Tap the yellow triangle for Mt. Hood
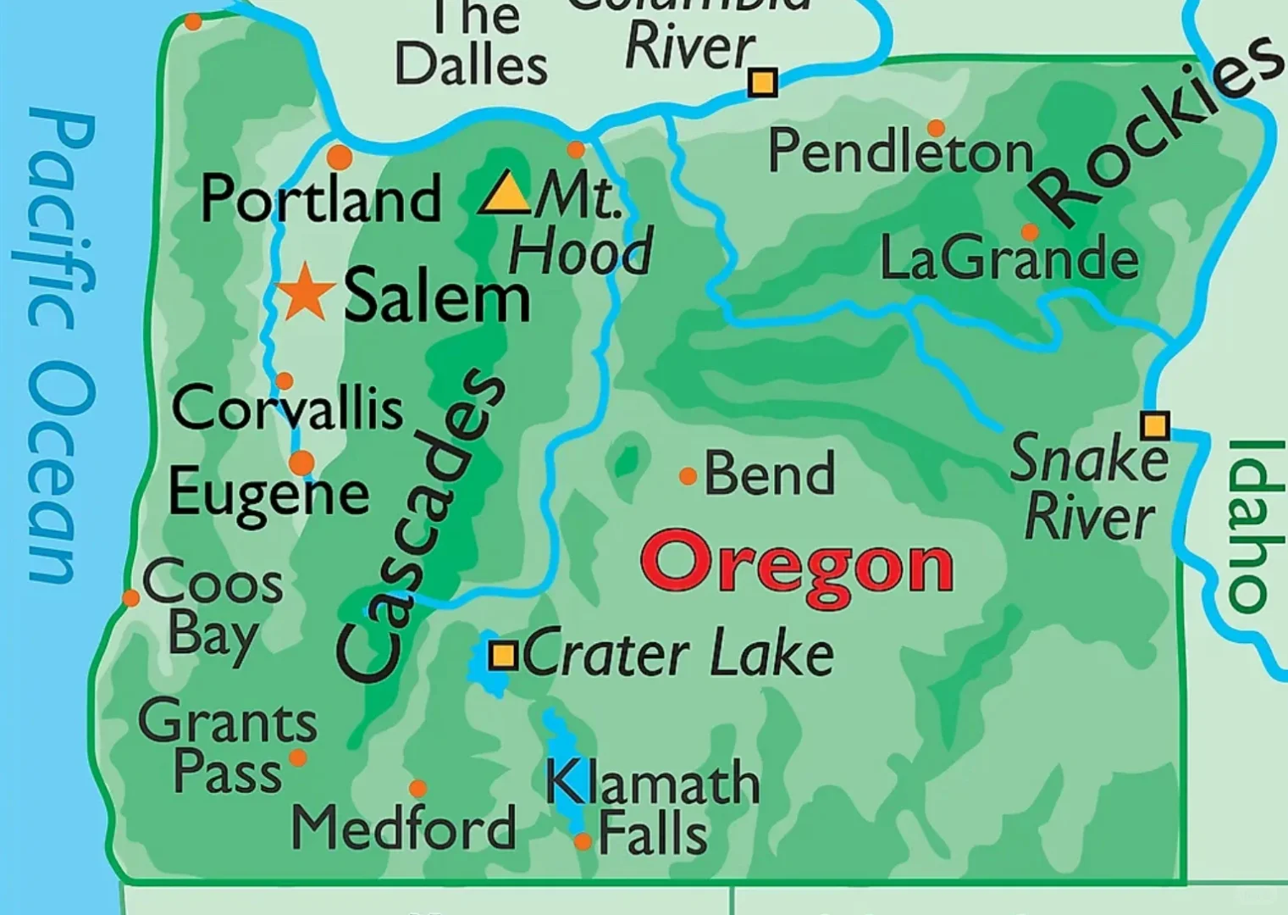point(506,194)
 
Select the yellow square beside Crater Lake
point(503,655)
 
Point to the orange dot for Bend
point(688,477)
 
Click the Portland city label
point(320,199)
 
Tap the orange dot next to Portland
point(339,157)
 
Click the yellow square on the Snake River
point(1154,424)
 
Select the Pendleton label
point(900,152)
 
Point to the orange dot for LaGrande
point(1030,232)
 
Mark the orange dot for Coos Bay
point(130,598)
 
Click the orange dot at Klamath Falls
point(583,841)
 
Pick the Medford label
point(403,827)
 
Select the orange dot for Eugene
point(301,463)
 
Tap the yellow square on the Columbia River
point(762,82)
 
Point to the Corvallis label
point(287,408)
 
